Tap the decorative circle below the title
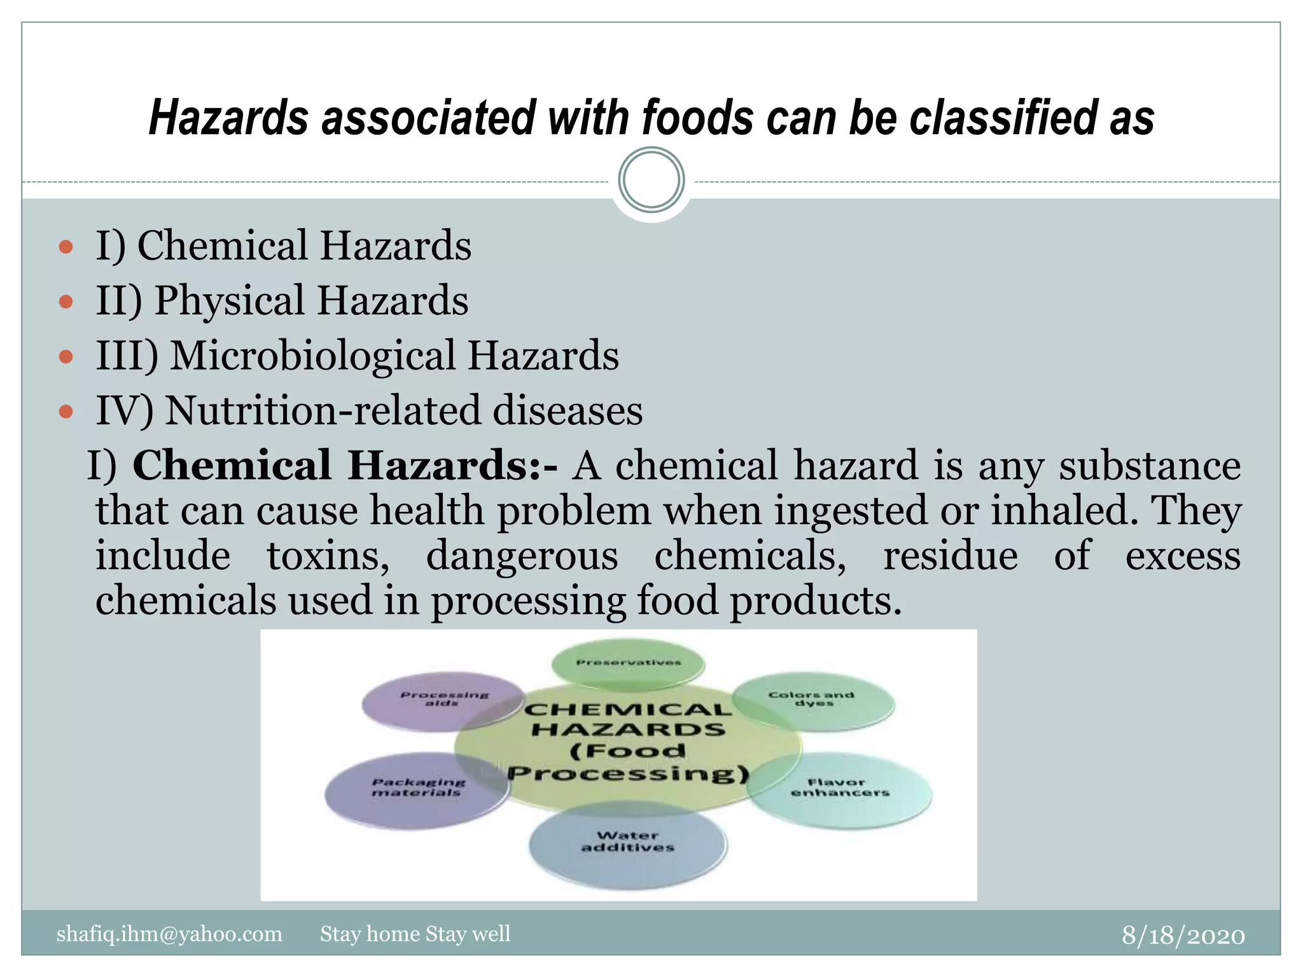[x=651, y=180]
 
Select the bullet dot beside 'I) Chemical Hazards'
[x=66, y=246]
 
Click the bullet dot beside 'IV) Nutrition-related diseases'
[x=66, y=412]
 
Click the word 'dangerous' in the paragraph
[x=522, y=555]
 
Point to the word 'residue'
[x=950, y=555]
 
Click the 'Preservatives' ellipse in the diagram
[x=628, y=663]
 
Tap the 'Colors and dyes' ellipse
[x=812, y=700]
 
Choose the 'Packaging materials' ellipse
[x=417, y=789]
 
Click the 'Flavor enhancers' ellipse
[x=839, y=789]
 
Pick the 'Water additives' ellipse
[x=627, y=843]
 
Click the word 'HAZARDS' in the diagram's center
[x=628, y=730]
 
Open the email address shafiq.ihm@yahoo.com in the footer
[x=169, y=934]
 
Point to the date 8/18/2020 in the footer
[x=1183, y=935]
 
